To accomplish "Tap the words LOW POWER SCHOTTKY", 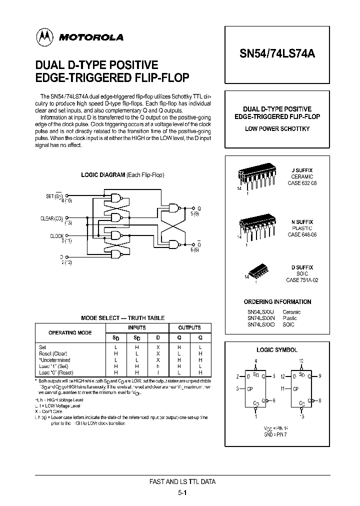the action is [277, 129].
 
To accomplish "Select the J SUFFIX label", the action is [302, 170].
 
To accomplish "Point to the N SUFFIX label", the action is [302, 221].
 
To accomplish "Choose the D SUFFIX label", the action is [302, 267].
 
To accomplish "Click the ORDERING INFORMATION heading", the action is [277, 302].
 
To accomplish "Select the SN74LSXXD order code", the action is [260, 324].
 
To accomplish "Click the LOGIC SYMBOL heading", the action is [277, 350].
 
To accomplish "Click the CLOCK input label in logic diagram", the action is [56, 235].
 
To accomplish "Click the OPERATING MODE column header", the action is [69, 332].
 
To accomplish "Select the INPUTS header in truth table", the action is [136, 328].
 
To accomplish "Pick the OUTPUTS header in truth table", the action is [189, 328].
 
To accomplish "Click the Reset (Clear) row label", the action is [52, 353].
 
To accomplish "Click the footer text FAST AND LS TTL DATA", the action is [182, 482].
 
